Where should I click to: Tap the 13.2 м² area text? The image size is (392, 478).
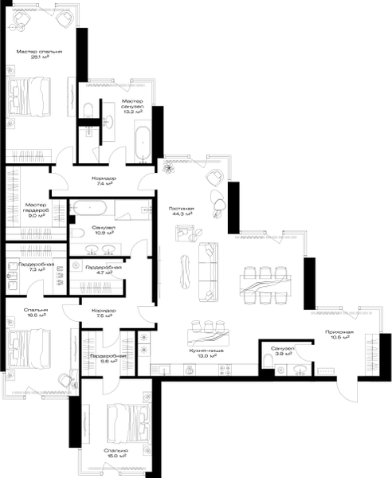(x=131, y=112)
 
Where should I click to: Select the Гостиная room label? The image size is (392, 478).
(x=182, y=208)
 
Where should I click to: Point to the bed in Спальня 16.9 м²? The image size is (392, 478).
(x=128, y=422)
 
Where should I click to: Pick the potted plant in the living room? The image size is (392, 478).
(x=169, y=167)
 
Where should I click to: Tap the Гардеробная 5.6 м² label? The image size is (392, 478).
(x=104, y=358)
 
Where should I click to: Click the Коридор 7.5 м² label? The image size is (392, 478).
(x=104, y=312)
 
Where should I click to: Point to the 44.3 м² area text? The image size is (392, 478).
(x=182, y=214)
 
